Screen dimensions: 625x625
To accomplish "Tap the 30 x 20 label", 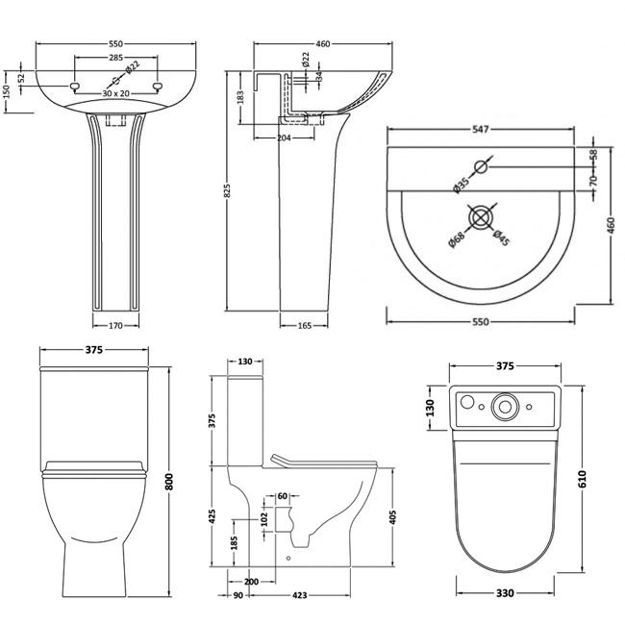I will [x=115, y=93].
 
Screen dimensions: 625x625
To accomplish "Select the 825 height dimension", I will [x=228, y=191].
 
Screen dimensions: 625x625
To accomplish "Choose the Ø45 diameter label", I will [x=498, y=237].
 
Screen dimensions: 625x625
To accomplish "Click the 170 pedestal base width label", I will [x=115, y=326].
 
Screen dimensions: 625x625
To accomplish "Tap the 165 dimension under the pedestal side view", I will [x=305, y=326].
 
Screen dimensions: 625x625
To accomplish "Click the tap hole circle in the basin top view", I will [x=482, y=167].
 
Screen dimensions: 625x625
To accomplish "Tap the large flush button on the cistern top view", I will [x=504, y=407].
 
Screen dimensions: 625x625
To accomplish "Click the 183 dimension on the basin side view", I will [x=240, y=96].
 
